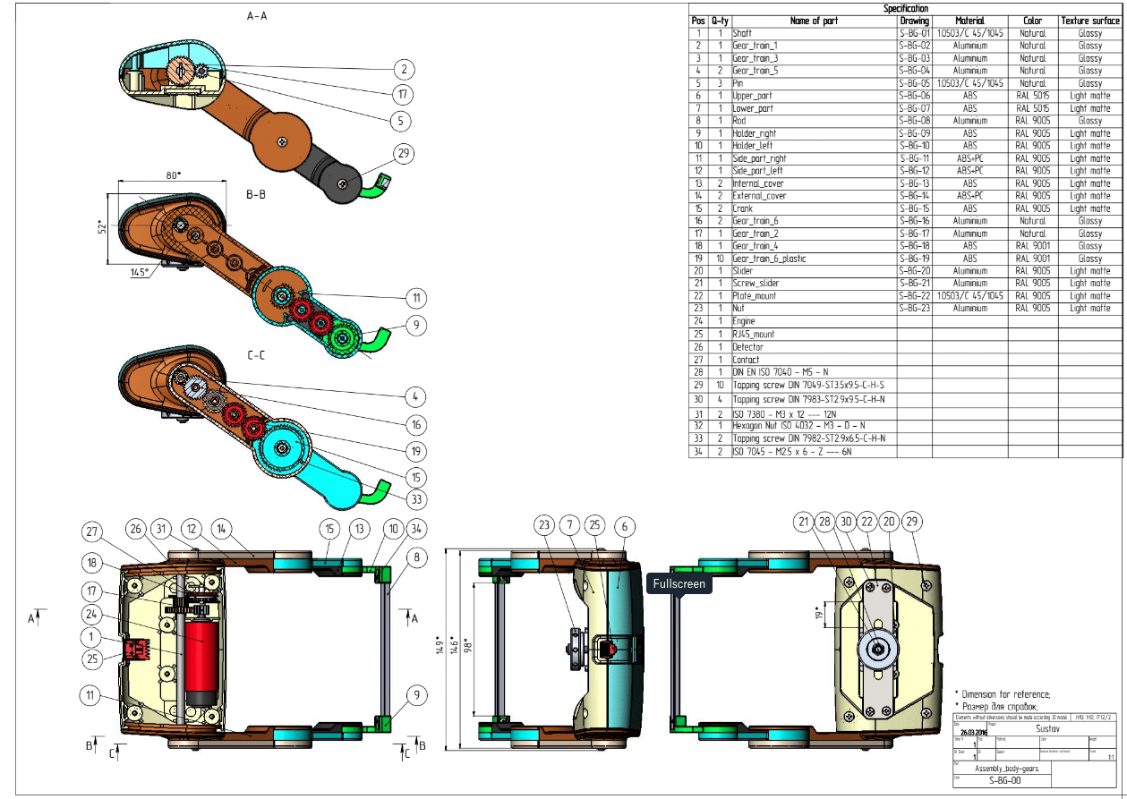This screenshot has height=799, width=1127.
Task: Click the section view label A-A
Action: (257, 16)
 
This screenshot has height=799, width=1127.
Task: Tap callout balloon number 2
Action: (405, 69)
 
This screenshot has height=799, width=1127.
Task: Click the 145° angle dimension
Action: (140, 272)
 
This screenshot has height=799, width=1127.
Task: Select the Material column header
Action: (969, 21)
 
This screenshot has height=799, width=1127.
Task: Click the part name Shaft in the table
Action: (742, 33)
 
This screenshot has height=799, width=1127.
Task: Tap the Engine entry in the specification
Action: (744, 320)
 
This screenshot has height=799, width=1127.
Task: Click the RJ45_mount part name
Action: (753, 334)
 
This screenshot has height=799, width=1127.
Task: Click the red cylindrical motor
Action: (201, 659)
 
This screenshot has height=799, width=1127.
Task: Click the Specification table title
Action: (906, 8)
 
